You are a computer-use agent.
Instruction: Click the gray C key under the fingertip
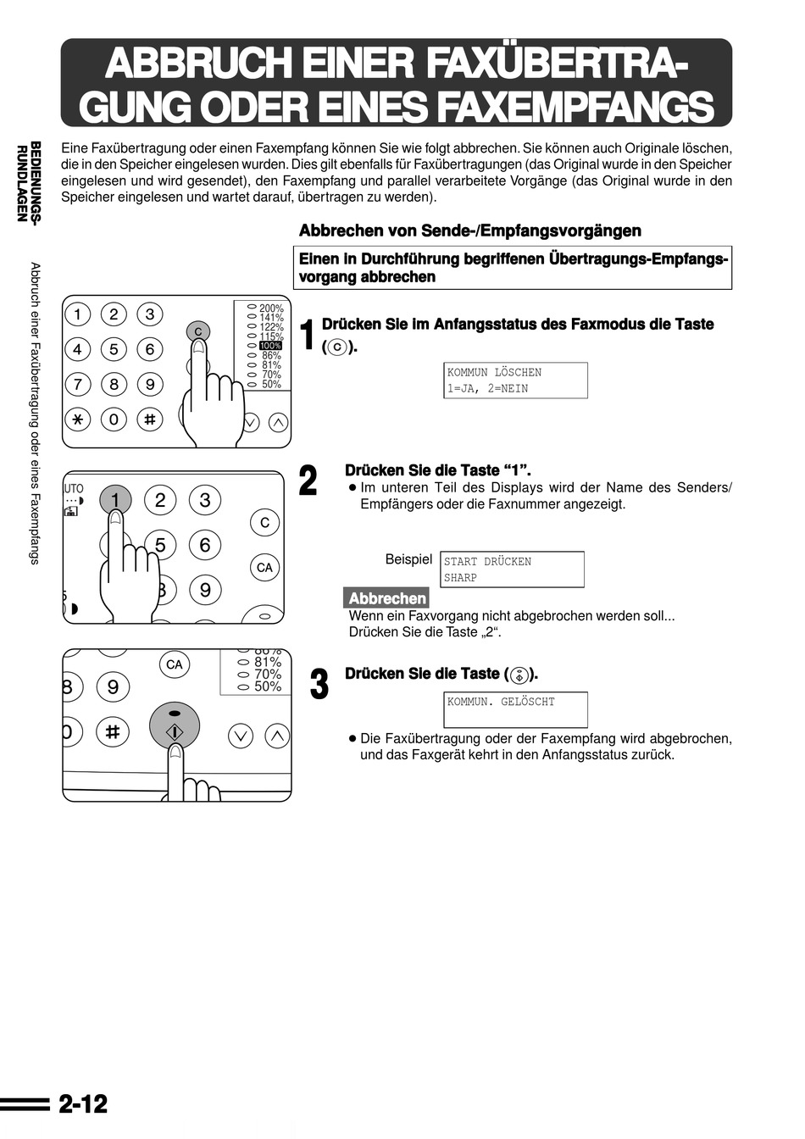(x=197, y=331)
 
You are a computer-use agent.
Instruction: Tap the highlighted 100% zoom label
(x=270, y=346)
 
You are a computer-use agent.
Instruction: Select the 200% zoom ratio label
(x=271, y=308)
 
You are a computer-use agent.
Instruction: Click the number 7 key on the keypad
(x=78, y=384)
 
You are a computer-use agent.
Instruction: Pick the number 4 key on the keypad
(x=78, y=349)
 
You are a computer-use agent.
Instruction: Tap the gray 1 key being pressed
(x=115, y=500)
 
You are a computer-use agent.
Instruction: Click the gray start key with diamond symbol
(x=175, y=726)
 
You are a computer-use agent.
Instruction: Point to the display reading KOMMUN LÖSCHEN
(x=516, y=381)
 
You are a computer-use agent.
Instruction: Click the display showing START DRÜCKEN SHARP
(x=512, y=569)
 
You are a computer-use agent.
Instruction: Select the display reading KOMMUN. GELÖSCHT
(x=516, y=710)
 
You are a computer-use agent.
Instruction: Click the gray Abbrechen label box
(x=386, y=598)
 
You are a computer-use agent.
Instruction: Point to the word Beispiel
(x=408, y=559)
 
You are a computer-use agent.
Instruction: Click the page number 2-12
(x=83, y=1104)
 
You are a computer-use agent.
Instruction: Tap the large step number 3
(x=319, y=685)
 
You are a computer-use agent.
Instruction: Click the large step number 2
(x=308, y=481)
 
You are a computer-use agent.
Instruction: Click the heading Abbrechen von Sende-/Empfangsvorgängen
(x=470, y=231)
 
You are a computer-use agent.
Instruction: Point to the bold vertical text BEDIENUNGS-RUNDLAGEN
(x=30, y=182)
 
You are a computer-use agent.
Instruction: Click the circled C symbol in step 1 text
(x=337, y=347)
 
